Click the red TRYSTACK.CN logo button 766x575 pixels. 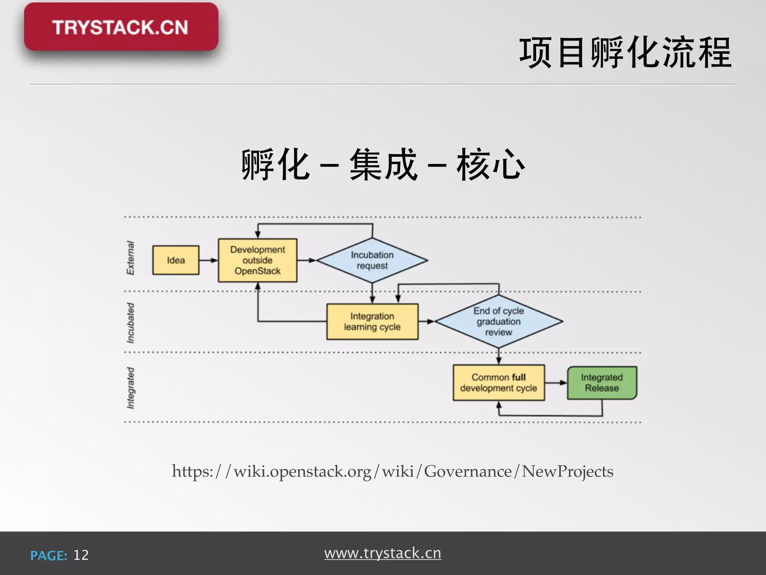(121, 27)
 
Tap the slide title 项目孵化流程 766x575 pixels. (625, 53)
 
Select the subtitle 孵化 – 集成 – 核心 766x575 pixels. (383, 165)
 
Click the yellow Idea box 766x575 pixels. (176, 260)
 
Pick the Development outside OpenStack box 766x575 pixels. (258, 260)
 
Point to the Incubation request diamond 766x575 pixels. (372, 260)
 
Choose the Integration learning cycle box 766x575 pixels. (372, 322)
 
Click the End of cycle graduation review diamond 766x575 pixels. (499, 321)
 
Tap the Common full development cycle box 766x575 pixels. (499, 383)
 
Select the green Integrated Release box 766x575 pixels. (602, 383)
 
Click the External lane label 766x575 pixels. (130, 258)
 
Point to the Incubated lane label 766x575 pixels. (130, 323)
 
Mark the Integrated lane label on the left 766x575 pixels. (130, 388)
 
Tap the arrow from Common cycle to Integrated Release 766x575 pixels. (556, 383)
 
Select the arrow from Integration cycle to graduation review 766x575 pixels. (426, 322)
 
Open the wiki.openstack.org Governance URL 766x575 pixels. (392, 471)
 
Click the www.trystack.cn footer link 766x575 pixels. (383, 553)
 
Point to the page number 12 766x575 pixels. (81, 555)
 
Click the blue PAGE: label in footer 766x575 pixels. (49, 556)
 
